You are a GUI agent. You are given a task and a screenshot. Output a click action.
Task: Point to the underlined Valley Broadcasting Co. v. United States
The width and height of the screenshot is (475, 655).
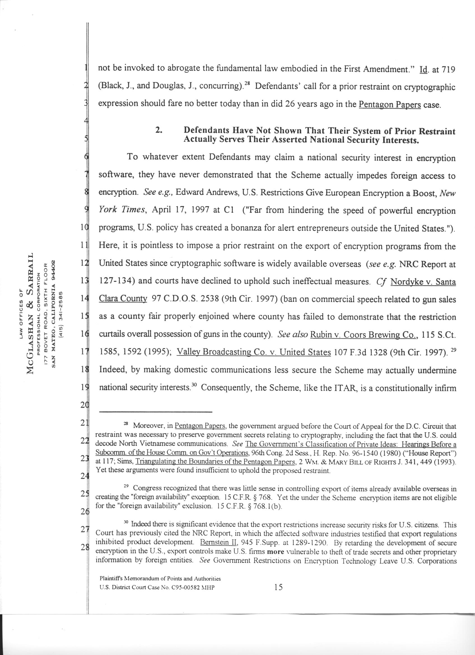[253, 352]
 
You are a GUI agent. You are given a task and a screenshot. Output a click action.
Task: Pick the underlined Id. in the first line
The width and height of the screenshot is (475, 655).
[423, 70]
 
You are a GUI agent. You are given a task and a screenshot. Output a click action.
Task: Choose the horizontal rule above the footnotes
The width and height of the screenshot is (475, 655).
[156, 412]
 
